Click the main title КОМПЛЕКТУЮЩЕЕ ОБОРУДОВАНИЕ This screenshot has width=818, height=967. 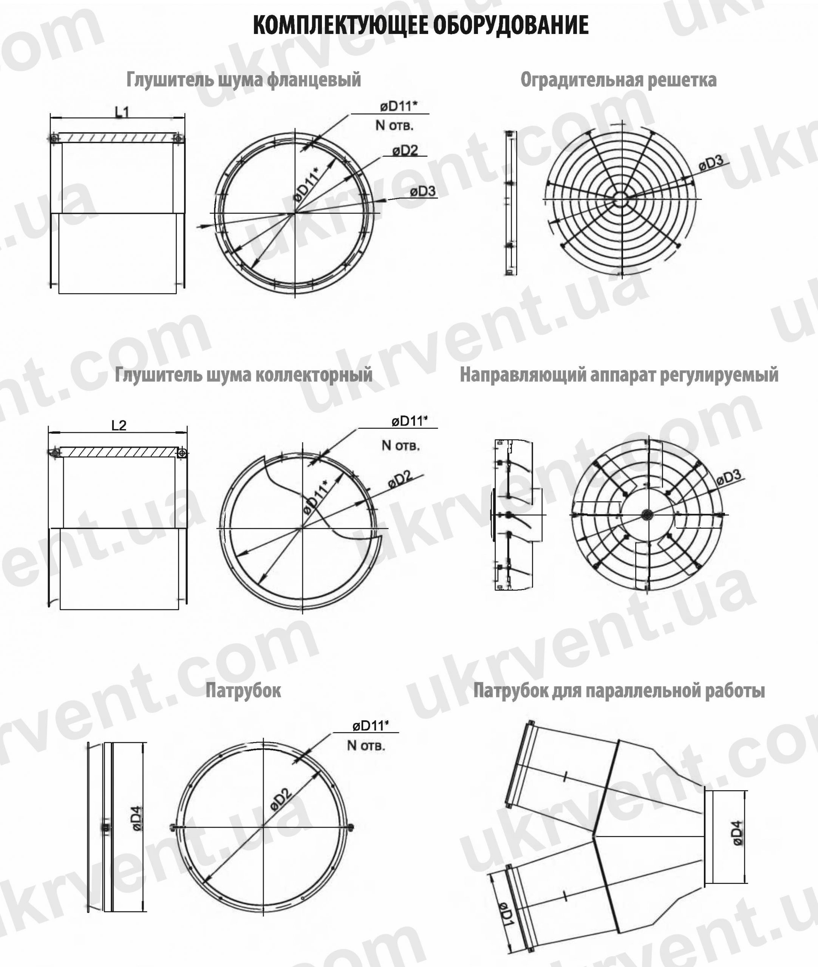point(421,25)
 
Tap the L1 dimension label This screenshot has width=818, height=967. point(122,112)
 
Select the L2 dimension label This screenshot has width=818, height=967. point(119,425)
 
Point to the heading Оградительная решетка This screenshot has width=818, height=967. point(619,80)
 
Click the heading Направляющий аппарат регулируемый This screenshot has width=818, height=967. point(619,375)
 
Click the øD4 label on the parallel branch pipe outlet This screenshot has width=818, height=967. point(737,833)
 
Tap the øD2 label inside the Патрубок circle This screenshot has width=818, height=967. point(281,800)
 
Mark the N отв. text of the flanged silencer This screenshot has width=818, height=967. point(394,125)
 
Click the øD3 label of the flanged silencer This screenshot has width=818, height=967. point(422,191)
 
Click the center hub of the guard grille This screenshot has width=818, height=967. point(622,199)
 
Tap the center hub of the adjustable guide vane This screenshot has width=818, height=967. point(647,514)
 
